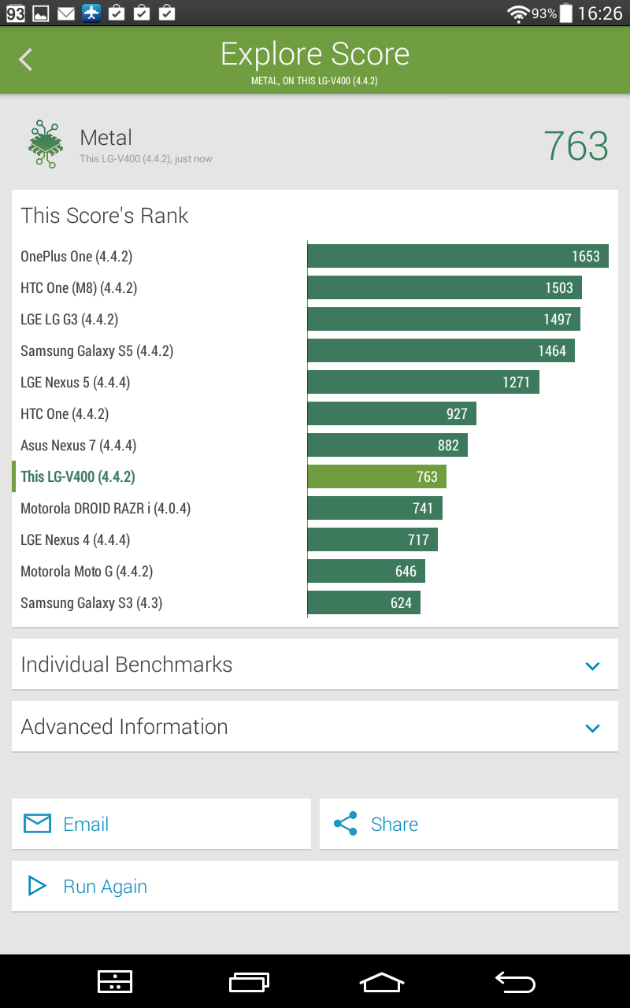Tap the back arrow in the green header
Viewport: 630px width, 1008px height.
(26, 59)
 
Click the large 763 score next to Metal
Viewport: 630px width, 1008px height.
(576, 146)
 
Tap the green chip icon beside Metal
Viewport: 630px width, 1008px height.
(46, 144)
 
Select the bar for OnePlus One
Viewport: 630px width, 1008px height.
(458, 256)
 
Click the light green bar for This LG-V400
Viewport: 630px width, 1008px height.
(376, 476)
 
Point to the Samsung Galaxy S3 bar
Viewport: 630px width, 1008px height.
(364, 602)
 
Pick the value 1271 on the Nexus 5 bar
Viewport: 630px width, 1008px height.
(516, 383)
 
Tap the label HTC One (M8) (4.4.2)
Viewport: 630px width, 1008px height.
(79, 288)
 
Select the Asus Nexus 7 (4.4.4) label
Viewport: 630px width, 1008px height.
(78, 446)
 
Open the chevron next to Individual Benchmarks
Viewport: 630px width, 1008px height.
(592, 665)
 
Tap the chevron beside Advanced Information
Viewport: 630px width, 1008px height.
(592, 728)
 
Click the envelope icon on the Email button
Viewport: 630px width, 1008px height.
(37, 824)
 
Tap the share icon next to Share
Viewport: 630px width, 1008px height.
(346, 824)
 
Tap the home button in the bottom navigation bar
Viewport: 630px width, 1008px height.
(382, 982)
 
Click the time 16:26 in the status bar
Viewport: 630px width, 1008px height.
(600, 13)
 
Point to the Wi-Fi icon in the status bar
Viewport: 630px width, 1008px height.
(518, 14)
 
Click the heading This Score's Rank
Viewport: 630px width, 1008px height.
(105, 216)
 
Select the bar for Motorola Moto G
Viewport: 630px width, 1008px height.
(366, 571)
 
